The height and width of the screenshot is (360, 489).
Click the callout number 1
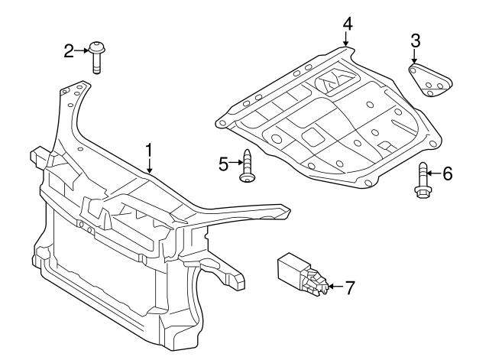point(150,149)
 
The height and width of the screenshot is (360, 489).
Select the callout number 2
point(69,51)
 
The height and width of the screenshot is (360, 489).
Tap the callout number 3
point(415,40)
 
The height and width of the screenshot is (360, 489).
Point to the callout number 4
point(347,23)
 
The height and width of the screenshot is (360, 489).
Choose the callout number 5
point(224,164)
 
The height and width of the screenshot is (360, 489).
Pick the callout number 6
point(447,174)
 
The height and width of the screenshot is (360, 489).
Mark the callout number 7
point(350,288)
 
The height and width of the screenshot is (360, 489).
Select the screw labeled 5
point(247,167)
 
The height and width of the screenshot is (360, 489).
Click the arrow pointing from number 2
point(82,51)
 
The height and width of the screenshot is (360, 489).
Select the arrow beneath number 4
point(347,40)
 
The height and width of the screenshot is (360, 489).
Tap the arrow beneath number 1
point(150,165)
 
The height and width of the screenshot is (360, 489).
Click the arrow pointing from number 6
point(434,174)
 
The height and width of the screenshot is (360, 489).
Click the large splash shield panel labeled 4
point(329,122)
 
